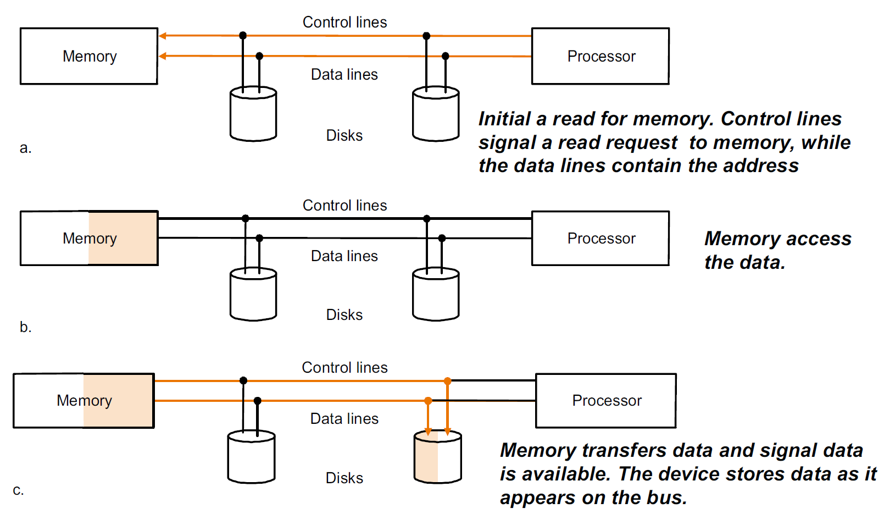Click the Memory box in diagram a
pos(89,56)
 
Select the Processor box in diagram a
pos(600,56)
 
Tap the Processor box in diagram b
pos(600,238)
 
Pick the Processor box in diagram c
pos(605,400)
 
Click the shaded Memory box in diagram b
pos(89,238)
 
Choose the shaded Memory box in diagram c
pos(84,400)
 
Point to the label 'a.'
pos(25,148)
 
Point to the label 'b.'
pos(25,327)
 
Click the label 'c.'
pos(18,490)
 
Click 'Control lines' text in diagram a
pos(344,22)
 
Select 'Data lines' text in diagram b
pos(344,256)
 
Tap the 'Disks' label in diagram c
pos(344,478)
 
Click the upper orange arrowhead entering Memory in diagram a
pos(163,36)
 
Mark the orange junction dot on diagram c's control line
pos(447,380)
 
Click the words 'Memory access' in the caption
pos(777,239)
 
